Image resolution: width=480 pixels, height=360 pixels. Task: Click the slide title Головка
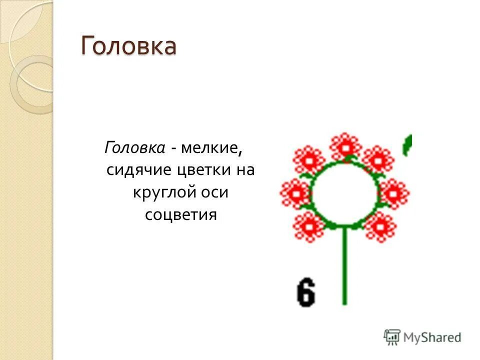point(129,46)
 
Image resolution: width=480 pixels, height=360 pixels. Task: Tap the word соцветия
point(181,215)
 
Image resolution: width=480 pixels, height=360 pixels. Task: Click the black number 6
point(305,292)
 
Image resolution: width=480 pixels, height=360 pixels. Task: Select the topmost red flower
point(345,146)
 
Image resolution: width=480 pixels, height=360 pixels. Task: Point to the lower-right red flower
point(380,226)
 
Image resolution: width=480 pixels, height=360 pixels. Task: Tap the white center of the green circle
point(344,193)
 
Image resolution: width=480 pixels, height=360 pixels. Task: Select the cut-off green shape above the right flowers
point(408,144)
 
